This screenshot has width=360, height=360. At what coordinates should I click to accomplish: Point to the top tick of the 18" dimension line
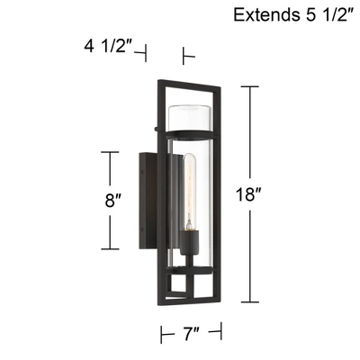[249, 86]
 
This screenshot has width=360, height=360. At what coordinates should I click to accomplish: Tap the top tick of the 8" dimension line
[110, 153]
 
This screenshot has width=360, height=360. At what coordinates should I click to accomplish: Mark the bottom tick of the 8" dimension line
[110, 249]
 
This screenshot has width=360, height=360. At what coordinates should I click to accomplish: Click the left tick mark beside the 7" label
[163, 335]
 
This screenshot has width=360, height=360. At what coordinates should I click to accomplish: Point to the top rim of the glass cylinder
[191, 107]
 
